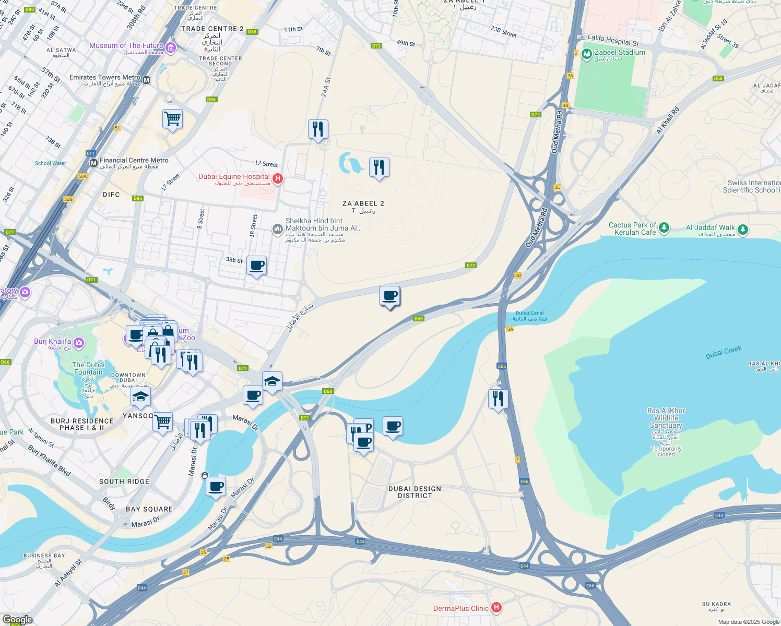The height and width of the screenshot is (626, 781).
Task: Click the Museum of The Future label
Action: coord(126,46)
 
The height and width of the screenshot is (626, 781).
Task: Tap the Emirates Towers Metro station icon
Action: coord(147,80)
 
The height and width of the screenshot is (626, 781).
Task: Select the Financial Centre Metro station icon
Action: coord(93,163)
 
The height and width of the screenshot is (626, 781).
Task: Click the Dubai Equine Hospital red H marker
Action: coord(278,179)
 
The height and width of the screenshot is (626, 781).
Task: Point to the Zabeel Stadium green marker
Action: coord(587,53)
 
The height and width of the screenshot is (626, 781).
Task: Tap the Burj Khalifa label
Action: coord(52,342)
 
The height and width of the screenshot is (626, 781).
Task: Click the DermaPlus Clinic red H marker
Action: coord(496,608)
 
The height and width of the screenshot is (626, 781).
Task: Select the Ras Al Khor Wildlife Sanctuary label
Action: coord(666,418)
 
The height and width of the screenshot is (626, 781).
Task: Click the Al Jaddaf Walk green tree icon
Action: coord(743,229)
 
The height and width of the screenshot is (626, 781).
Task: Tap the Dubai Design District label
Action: coord(415,492)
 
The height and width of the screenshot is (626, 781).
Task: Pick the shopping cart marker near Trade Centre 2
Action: coord(172,119)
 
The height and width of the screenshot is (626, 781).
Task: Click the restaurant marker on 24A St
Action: coord(318,129)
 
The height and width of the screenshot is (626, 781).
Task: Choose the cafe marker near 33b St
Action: coord(256,266)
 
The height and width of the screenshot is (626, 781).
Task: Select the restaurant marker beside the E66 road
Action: coord(498,399)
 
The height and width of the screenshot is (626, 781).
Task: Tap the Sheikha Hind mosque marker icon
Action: coord(278,228)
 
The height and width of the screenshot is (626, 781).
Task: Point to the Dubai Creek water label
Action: coord(723,353)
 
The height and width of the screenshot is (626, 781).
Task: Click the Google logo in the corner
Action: coord(17,620)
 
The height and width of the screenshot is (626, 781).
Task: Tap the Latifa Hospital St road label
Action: coord(613,40)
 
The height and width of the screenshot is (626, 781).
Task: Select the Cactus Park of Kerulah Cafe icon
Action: coord(664,227)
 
